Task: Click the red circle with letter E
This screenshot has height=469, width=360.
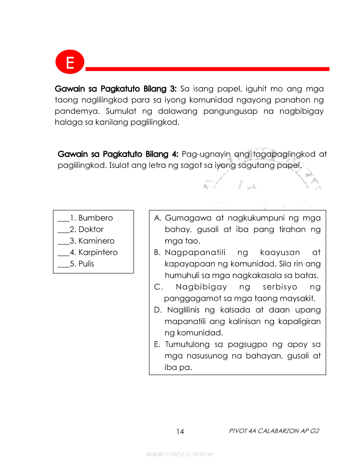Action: pyautogui.click(x=69, y=62)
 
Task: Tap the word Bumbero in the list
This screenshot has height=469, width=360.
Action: pyautogui.click(x=96, y=218)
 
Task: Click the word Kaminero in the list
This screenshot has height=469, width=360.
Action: pyautogui.click(x=96, y=241)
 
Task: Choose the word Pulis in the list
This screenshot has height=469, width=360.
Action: pyautogui.click(x=86, y=264)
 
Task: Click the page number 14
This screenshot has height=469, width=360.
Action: pyautogui.click(x=180, y=431)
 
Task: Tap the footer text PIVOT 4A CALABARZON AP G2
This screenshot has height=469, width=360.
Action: pyautogui.click(x=274, y=431)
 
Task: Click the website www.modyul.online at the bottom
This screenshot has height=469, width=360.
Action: pyautogui.click(x=180, y=454)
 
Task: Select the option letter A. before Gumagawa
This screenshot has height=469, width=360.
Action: pyautogui.click(x=158, y=218)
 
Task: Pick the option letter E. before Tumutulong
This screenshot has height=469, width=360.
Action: pyautogui.click(x=158, y=344)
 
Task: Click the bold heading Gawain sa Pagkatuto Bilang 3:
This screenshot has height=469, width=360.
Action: pyautogui.click(x=116, y=89)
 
